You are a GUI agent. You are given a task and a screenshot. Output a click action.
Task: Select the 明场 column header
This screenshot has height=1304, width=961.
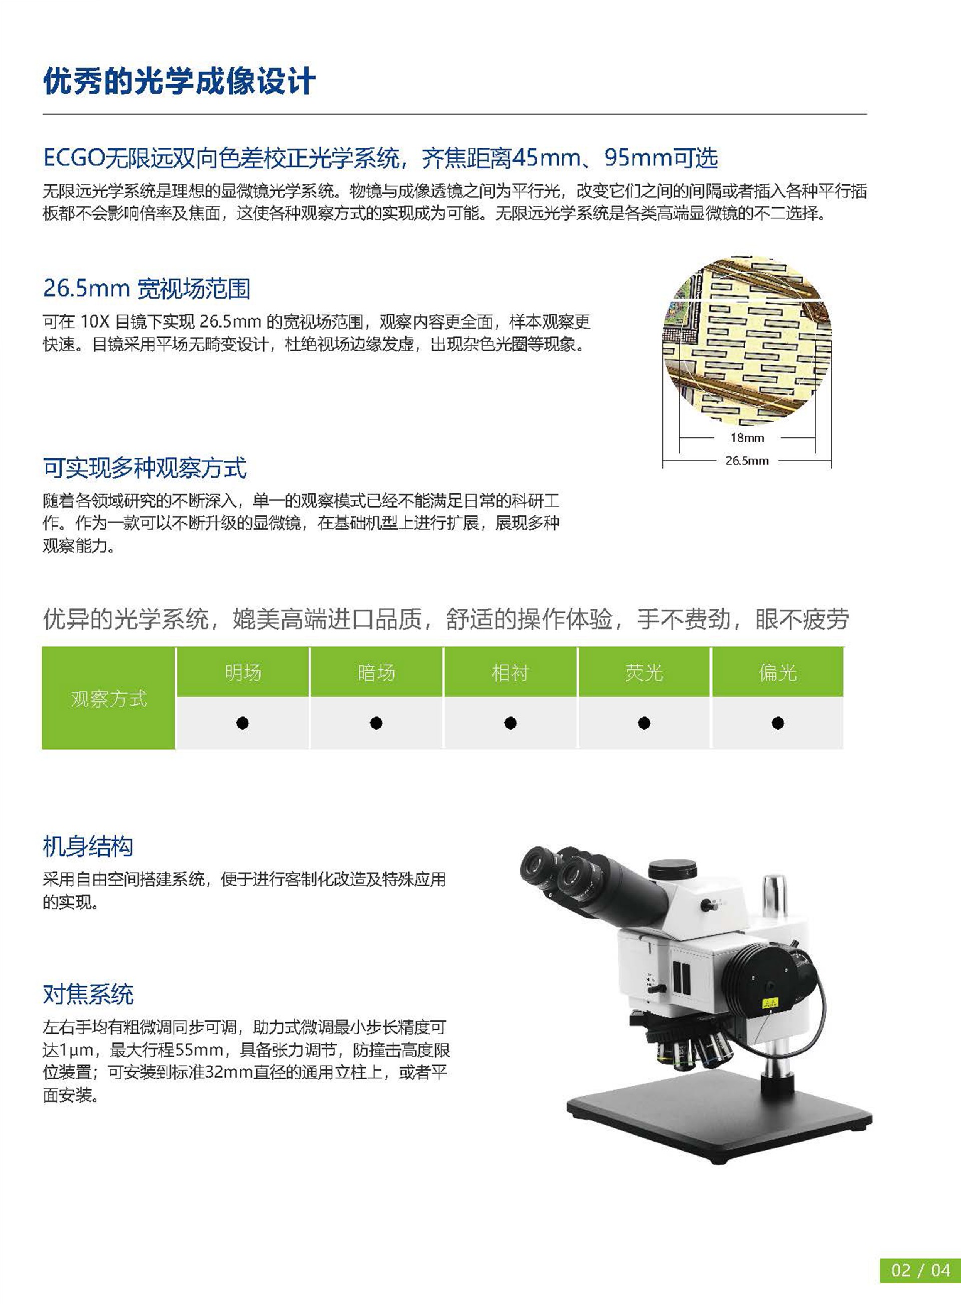[x=243, y=672]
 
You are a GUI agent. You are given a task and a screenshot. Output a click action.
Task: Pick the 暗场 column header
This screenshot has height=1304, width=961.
[x=376, y=672]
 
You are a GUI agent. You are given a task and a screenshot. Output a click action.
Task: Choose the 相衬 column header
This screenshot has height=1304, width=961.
[x=510, y=672]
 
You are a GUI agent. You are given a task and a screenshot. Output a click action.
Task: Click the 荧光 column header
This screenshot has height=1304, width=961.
[x=644, y=672]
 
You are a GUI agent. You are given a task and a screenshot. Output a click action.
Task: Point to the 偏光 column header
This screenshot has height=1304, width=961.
[x=777, y=672]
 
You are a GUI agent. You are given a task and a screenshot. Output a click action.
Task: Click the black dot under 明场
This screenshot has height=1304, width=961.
[x=243, y=723]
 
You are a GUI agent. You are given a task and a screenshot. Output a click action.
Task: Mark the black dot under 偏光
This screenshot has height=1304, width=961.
[x=778, y=723]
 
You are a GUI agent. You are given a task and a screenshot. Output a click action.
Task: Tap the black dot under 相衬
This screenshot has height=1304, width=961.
[x=510, y=723]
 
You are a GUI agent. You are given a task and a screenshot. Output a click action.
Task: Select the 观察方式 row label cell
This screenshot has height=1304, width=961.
[x=109, y=698]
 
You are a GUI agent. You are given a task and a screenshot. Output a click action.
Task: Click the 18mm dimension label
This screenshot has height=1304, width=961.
[x=747, y=438]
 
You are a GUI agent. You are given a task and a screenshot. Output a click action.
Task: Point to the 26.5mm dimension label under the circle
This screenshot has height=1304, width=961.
[x=747, y=461]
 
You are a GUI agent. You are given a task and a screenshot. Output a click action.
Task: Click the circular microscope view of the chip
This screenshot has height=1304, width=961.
[x=747, y=341]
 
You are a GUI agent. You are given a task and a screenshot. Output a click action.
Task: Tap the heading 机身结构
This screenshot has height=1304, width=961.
[x=88, y=846]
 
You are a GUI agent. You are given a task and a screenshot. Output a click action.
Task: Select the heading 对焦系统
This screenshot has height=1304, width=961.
[x=88, y=994]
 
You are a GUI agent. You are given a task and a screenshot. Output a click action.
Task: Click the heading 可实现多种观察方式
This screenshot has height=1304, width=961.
[x=145, y=468]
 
